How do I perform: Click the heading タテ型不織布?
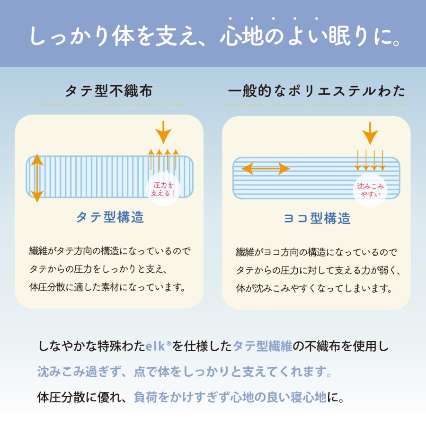click(109, 90)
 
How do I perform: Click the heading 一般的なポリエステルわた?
click(316, 90)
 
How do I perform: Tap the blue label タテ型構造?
click(110, 217)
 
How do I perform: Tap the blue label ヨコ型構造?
click(317, 218)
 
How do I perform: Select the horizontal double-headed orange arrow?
click(266, 168)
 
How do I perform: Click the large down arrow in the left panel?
click(163, 132)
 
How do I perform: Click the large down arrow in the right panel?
click(370, 133)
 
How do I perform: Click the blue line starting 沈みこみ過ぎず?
click(185, 372)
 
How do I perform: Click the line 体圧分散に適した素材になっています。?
click(107, 287)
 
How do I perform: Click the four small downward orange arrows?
click(370, 160)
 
